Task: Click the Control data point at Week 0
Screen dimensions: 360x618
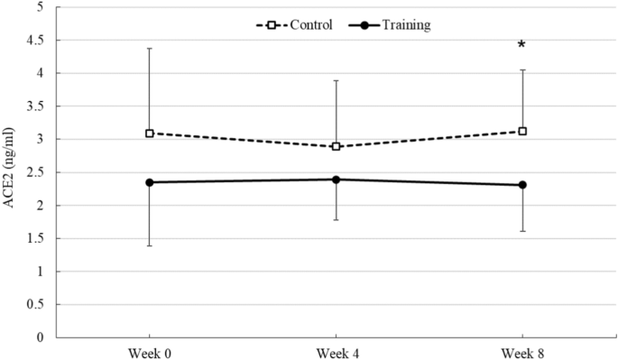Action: (x=150, y=133)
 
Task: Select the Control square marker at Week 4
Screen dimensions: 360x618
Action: (x=336, y=146)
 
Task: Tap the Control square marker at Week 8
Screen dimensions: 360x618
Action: (x=521, y=131)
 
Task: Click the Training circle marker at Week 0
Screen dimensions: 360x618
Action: (x=150, y=182)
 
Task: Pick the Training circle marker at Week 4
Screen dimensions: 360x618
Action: (x=336, y=180)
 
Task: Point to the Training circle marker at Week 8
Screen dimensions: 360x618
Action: (x=521, y=185)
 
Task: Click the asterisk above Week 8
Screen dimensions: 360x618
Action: (x=521, y=46)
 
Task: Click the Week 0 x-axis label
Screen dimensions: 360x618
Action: (x=150, y=351)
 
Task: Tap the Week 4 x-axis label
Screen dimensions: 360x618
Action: (x=336, y=351)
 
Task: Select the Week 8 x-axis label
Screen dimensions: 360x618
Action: (x=521, y=351)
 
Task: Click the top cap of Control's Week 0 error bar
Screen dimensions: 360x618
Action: (x=150, y=48)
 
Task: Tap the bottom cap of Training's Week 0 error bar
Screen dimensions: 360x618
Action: (x=150, y=245)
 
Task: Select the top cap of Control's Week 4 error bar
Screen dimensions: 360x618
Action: (x=336, y=80)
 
